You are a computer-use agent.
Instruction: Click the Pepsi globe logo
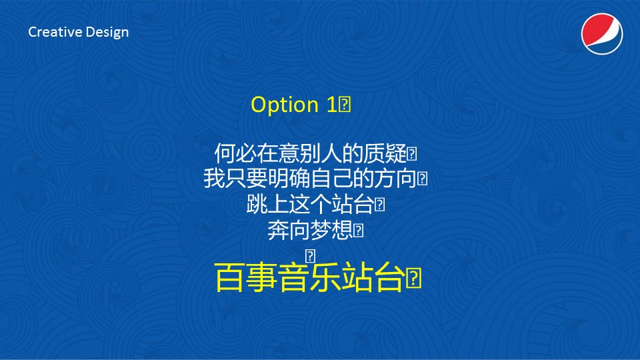click(601, 33)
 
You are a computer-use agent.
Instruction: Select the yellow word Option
click(285, 105)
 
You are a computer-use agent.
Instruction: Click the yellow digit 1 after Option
click(331, 105)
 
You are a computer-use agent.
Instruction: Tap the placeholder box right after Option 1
click(345, 105)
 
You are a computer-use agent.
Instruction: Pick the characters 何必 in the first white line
click(235, 153)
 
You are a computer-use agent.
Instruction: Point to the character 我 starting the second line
click(214, 179)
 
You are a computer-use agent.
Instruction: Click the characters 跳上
click(267, 204)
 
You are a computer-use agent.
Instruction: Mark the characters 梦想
click(331, 230)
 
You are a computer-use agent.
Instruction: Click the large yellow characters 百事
click(246, 277)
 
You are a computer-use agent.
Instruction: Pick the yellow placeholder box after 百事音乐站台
click(413, 278)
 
